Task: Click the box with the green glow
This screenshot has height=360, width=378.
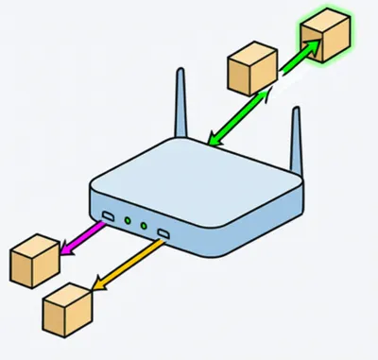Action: tap(324, 38)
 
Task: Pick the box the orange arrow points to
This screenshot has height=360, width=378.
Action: tap(67, 303)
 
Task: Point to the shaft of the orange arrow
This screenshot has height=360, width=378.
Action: tap(133, 260)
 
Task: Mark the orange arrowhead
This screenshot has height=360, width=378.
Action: tap(98, 282)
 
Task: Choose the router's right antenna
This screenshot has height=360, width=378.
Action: tap(297, 142)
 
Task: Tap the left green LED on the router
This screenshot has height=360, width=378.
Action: tap(127, 221)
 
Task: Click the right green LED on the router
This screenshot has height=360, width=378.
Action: tap(144, 226)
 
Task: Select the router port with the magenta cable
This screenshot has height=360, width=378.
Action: tap(108, 218)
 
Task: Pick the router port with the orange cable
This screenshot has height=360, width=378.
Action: tap(163, 232)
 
